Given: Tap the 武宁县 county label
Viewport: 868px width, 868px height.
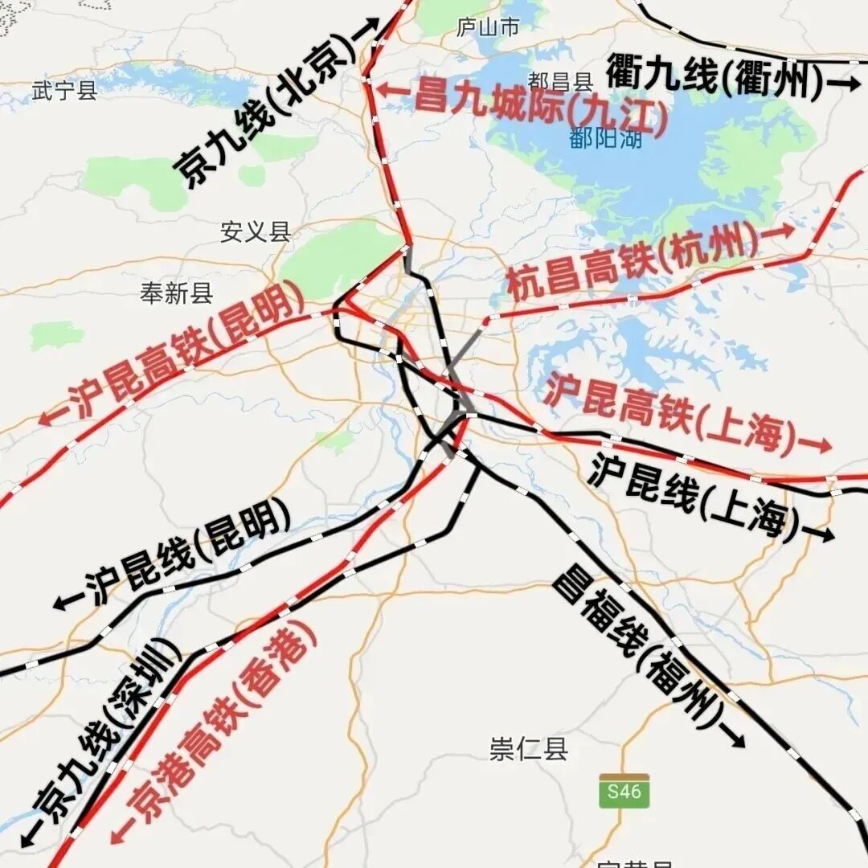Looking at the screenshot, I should [x=64, y=90].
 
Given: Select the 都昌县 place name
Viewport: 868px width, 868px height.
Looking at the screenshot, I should [x=560, y=81].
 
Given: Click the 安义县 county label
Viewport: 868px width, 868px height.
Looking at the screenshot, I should [x=256, y=232].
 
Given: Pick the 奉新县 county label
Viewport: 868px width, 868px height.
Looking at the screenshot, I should [x=177, y=293].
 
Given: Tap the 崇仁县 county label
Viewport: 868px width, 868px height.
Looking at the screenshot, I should [x=529, y=749].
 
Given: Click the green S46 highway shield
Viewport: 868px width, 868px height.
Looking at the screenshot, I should [x=624, y=792].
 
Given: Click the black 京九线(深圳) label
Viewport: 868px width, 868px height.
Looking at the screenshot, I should [x=100, y=735].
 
